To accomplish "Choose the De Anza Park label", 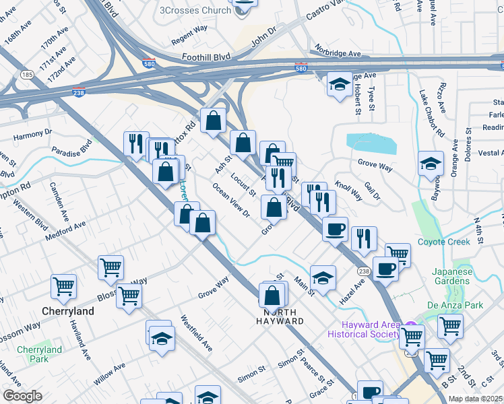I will pyautogui.click(x=455, y=305).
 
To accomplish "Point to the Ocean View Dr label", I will pyautogui.click(x=231, y=201).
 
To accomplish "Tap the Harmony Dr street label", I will pyautogui.click(x=32, y=135).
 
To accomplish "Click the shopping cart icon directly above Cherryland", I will pyautogui.click(x=64, y=286).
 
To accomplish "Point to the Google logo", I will pyautogui.click(x=22, y=396).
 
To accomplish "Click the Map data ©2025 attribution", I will pyautogui.click(x=475, y=399).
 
